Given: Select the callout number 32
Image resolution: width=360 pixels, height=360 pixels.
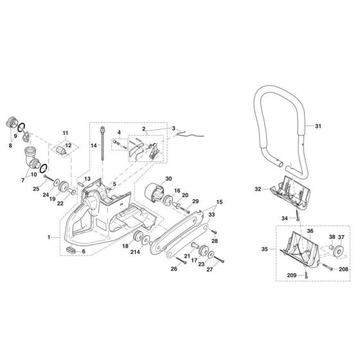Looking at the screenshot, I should click(256, 189).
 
